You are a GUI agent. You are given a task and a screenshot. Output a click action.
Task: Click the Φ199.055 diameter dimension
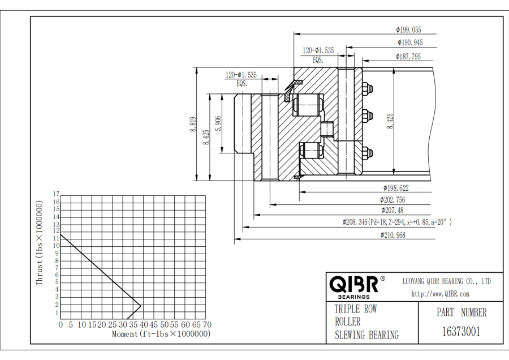point(408,30)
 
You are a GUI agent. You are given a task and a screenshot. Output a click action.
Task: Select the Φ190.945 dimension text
point(411,42)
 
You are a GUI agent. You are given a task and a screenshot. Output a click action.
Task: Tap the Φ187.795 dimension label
point(408,57)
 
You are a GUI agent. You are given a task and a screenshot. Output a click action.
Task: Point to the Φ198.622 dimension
point(396,188)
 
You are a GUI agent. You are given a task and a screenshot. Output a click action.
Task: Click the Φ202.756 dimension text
point(392,199)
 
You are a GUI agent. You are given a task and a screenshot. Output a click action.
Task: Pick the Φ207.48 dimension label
point(392,210)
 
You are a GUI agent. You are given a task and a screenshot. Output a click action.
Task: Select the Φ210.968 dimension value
point(393,235)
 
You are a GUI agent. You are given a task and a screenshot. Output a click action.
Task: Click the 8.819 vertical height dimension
point(193,124)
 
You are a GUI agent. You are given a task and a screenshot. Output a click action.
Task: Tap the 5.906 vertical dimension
point(218,123)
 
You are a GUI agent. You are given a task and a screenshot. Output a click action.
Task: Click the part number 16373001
point(461,332)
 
